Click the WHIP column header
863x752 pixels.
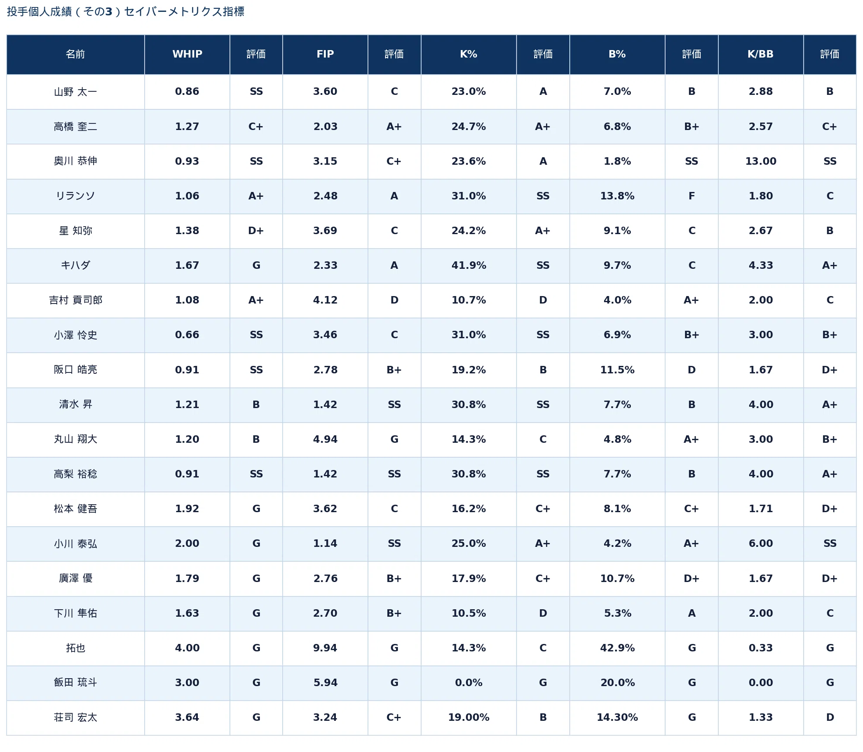pos(187,54)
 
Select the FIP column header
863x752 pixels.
pos(325,54)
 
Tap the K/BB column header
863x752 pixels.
pos(761,54)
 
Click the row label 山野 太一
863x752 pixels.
pos(76,92)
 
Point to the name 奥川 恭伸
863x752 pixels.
pos(76,161)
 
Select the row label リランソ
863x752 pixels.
pos(76,196)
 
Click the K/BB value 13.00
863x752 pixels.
pos(761,161)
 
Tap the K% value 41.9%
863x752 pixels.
pos(469,265)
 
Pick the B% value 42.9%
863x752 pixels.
pos(617,648)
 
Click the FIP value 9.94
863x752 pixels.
pos(325,648)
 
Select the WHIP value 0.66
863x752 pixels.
pos(187,335)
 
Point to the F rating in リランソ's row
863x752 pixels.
pos(692,196)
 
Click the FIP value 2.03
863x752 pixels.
pos(325,127)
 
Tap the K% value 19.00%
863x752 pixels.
pos(469,717)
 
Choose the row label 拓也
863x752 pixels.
pos(76,648)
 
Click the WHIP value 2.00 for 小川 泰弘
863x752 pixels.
pos(187,543)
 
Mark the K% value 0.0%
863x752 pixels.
pos(469,683)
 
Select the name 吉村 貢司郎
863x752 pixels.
pos(76,300)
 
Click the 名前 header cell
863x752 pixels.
pos(76,54)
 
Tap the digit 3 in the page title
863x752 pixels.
pos(109,11)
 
